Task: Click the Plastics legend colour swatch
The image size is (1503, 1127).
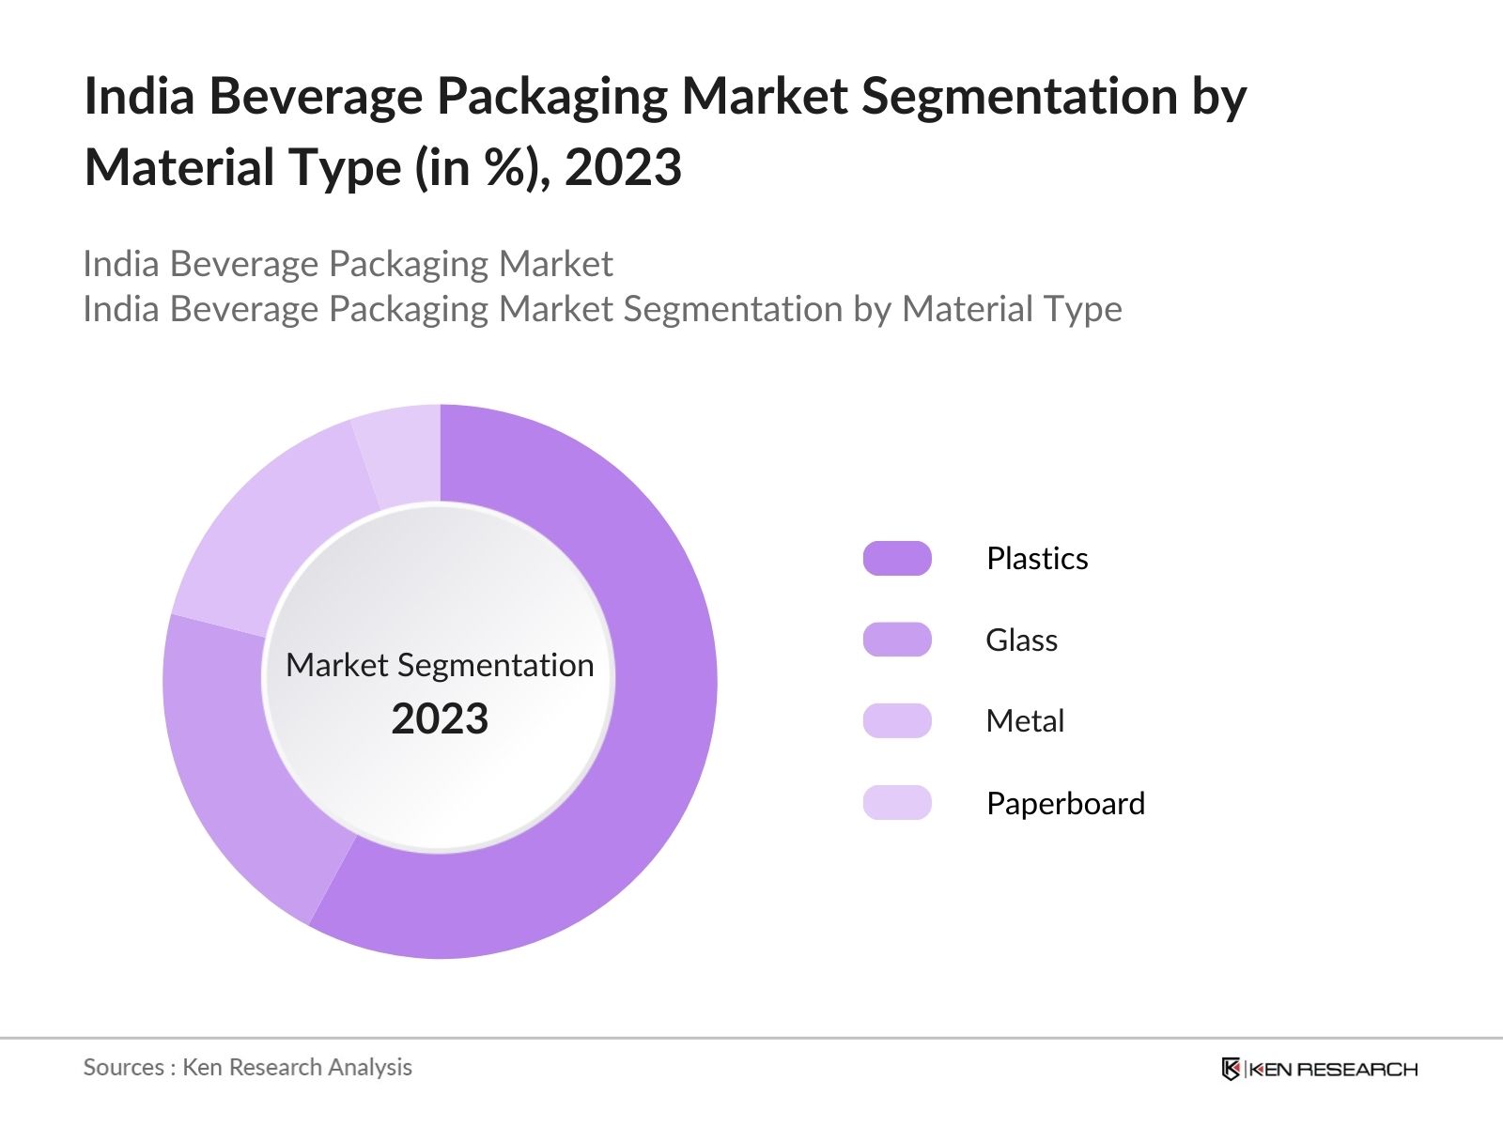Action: [897, 558]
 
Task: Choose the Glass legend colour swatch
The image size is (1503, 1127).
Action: [897, 640]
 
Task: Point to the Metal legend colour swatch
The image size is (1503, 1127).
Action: [897, 720]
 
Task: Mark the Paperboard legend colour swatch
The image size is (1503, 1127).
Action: [897, 803]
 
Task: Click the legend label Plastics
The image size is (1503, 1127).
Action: [1037, 559]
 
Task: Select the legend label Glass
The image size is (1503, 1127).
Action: [1021, 641]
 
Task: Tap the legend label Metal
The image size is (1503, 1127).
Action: [1025, 721]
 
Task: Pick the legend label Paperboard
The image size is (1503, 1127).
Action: [1065, 804]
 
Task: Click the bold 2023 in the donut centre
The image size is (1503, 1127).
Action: [440, 719]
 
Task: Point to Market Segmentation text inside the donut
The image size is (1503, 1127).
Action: [440, 665]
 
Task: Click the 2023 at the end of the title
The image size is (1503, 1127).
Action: [623, 168]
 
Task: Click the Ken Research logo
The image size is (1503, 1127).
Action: [1319, 1069]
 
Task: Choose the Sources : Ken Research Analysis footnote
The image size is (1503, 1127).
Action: [247, 1067]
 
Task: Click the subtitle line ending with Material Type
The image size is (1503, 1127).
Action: [602, 309]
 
